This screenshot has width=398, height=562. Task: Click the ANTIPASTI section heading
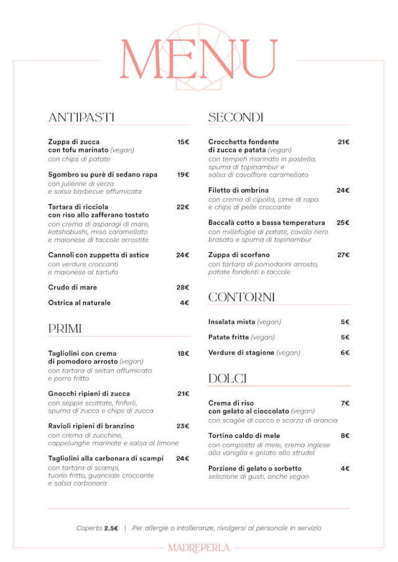tap(81, 117)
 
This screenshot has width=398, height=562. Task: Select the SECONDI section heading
tap(236, 117)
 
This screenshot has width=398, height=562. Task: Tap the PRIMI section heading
tap(65, 329)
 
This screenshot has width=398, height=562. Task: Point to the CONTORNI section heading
tap(241, 297)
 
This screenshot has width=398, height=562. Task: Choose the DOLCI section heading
tap(228, 378)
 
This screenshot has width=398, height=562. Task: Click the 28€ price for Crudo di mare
tap(182, 288)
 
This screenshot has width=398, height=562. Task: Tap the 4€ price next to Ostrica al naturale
tap(184, 303)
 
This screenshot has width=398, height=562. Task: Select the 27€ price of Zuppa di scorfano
tap(343, 255)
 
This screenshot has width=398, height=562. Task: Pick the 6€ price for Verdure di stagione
tap(345, 353)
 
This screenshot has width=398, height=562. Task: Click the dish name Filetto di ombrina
tap(239, 190)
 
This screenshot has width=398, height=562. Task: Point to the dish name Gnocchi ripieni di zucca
tap(89, 394)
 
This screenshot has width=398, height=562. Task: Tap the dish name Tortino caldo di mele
tap(244, 436)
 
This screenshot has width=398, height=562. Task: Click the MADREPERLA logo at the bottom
tap(199, 548)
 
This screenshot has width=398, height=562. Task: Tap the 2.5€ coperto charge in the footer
tap(111, 528)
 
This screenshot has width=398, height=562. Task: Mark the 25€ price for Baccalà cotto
tap(343, 222)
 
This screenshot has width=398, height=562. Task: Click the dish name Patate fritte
tap(229, 337)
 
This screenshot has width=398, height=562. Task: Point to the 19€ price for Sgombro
tap(183, 174)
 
